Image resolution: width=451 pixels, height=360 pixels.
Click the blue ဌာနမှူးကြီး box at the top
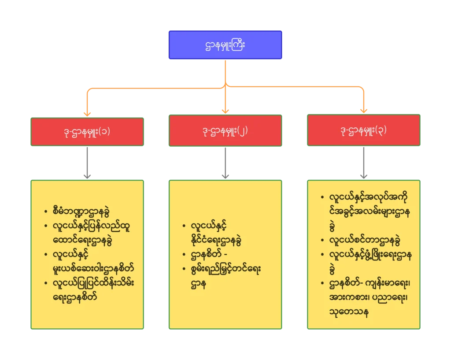(225, 44)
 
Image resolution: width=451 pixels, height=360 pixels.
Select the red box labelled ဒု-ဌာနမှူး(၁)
(87, 131)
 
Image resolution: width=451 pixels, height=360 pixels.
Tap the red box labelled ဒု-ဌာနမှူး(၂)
(225, 131)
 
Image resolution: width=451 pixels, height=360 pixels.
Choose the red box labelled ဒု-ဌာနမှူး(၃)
(364, 130)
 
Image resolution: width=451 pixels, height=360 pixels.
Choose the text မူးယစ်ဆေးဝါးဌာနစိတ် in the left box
(93, 268)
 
